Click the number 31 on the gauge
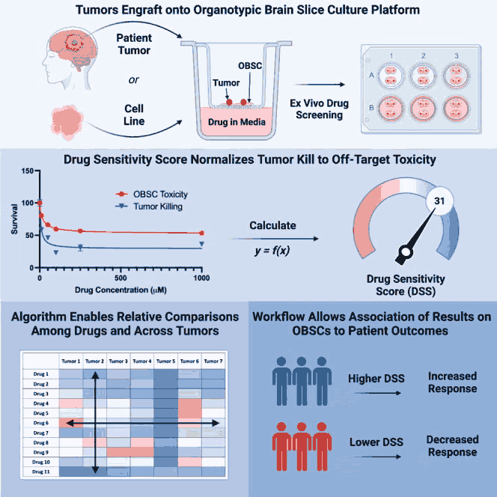pyautogui.click(x=439, y=201)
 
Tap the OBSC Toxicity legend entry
pyautogui.click(x=152, y=194)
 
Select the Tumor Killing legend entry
pyautogui.click(x=149, y=207)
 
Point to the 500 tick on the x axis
pyautogui.click(x=121, y=278)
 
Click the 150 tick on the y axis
pyautogui.click(x=27, y=171)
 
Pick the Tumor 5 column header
pyautogui.click(x=165, y=361)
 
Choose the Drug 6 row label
pyautogui.click(x=41, y=423)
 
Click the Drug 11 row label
pyautogui.click(x=41, y=472)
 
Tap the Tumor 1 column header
pyautogui.click(x=70, y=361)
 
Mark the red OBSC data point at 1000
pyautogui.click(x=201, y=234)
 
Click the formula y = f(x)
pyautogui.click(x=272, y=251)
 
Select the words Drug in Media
pyautogui.click(x=237, y=122)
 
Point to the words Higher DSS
pyautogui.click(x=376, y=379)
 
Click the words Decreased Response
pyautogui.click(x=452, y=445)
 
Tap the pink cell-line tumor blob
pyautogui.click(x=67, y=122)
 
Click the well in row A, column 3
pyautogui.click(x=456, y=76)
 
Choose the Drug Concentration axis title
pyautogui.click(x=121, y=290)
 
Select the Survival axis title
pyautogui.click(x=14, y=219)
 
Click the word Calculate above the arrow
pyautogui.click(x=272, y=225)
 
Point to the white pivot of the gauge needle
pyautogui.click(x=406, y=252)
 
